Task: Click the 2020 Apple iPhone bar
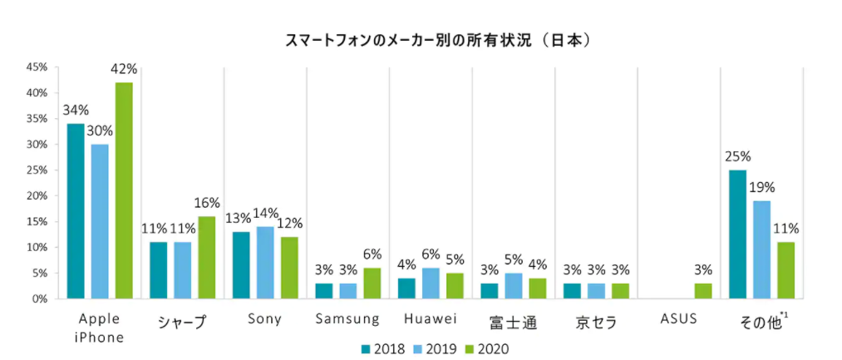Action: point(124,190)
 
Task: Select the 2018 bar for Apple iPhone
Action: point(76,210)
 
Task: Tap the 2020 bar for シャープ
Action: point(207,257)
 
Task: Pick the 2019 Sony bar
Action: point(265,262)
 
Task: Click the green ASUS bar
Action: point(703,291)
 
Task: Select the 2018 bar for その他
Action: point(737,234)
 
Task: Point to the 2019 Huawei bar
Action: point(431,283)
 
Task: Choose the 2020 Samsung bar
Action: point(372,283)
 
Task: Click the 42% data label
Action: point(124,69)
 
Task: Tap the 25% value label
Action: point(737,156)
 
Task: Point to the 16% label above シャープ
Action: point(207,203)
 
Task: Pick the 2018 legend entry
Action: point(383,348)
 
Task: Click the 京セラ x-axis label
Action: point(596,321)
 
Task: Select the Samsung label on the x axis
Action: point(347,319)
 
